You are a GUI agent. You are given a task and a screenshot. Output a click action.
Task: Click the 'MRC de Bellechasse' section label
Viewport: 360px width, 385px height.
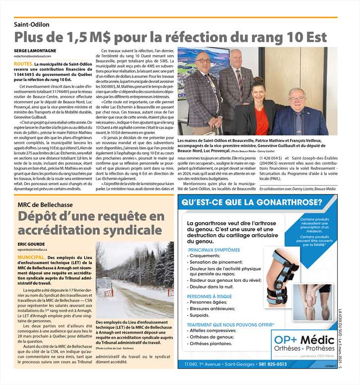point(45,205)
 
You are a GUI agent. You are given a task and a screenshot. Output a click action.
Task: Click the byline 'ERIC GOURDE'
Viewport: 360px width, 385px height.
point(32,245)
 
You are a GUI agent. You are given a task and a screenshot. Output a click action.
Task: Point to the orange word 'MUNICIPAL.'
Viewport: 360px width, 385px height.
point(32,258)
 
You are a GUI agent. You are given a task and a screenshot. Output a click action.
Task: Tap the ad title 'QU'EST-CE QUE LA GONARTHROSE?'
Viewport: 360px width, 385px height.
point(252,203)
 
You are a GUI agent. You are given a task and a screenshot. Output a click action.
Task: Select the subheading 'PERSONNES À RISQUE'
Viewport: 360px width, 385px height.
point(210,296)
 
